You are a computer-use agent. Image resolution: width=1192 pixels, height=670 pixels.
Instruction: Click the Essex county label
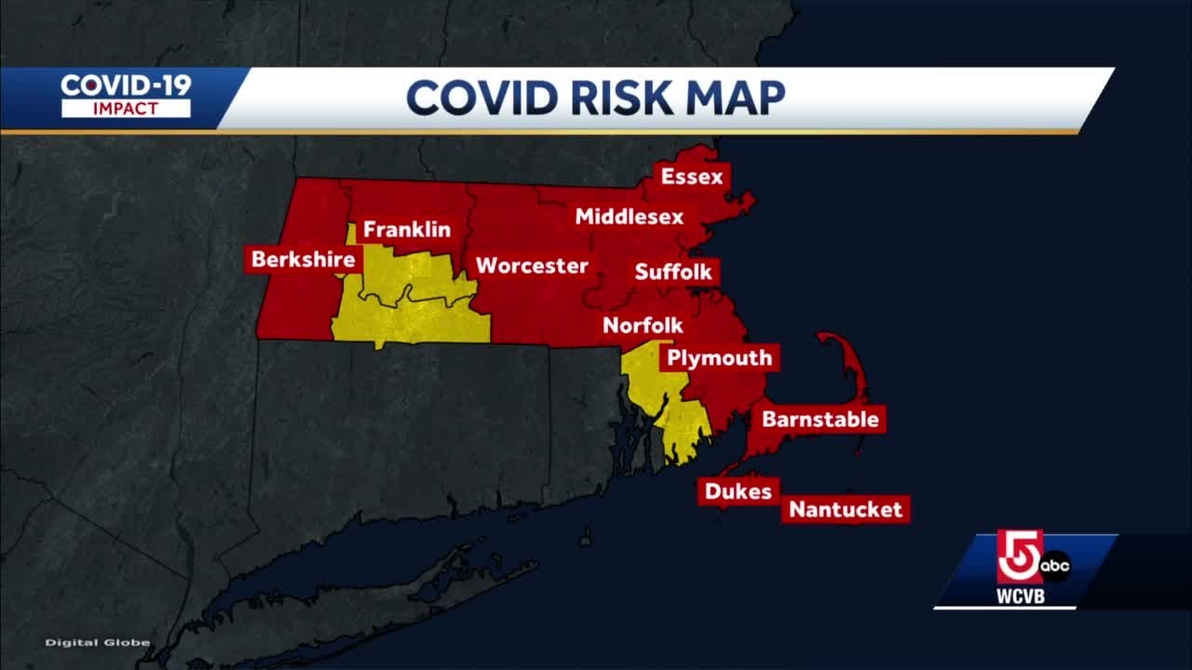(x=691, y=176)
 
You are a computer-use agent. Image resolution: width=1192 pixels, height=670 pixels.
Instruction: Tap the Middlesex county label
(x=629, y=217)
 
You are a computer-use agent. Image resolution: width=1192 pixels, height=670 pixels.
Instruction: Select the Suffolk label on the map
(x=673, y=272)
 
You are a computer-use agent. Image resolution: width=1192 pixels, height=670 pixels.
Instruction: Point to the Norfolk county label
(x=643, y=326)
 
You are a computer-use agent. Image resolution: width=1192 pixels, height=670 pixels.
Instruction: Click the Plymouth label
(x=719, y=358)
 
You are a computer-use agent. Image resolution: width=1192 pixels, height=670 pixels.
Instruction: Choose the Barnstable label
(x=819, y=419)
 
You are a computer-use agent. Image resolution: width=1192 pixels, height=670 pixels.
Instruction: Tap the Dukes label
(x=738, y=491)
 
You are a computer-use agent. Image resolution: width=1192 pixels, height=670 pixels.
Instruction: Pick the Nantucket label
(x=846, y=509)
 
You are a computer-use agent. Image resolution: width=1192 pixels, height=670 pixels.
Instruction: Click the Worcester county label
(x=532, y=266)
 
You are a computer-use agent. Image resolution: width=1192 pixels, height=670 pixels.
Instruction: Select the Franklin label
(x=406, y=229)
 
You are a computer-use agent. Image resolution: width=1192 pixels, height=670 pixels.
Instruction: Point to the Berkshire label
(x=304, y=260)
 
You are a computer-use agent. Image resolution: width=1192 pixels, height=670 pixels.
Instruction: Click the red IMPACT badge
(x=126, y=109)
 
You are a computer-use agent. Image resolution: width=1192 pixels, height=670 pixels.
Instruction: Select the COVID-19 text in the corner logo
(x=126, y=86)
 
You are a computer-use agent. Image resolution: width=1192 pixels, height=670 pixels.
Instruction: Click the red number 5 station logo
(x=1018, y=556)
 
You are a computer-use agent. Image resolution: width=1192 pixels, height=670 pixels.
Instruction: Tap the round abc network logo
(x=1056, y=565)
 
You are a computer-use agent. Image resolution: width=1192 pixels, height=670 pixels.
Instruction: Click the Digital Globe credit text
(x=98, y=642)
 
